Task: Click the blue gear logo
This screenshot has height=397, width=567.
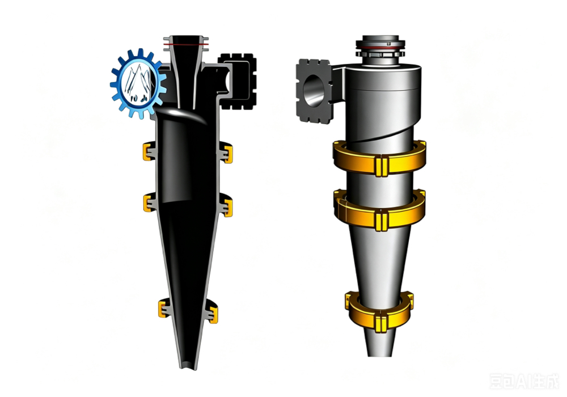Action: [138, 83]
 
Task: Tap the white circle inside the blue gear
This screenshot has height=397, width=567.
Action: [138, 83]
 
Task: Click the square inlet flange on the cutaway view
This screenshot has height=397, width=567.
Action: [238, 81]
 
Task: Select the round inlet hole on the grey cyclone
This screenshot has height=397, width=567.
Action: [313, 91]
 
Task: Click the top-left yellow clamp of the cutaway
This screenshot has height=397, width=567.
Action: [147, 151]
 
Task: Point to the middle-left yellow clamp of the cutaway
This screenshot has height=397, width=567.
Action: [148, 203]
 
